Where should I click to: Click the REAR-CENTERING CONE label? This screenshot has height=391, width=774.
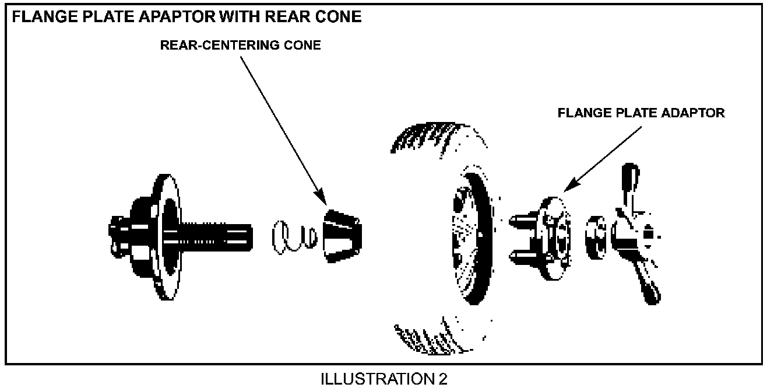[x=240, y=46]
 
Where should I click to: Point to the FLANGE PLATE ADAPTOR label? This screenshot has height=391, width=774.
[x=641, y=113]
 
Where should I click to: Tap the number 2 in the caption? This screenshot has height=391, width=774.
[x=442, y=379]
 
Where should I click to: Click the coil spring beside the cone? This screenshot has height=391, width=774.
[x=294, y=237]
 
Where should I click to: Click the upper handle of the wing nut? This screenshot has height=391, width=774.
[x=631, y=184]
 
